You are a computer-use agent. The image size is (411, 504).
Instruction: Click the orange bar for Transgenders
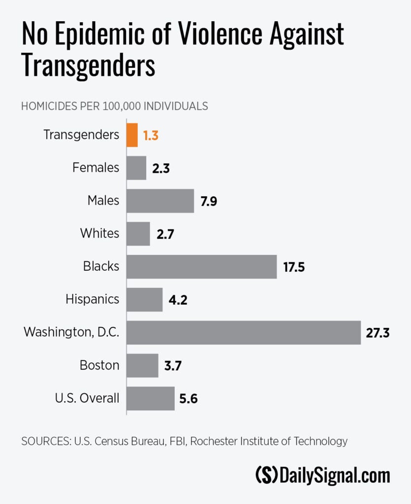(132, 135)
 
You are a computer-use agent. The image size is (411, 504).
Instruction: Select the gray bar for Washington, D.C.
(244, 333)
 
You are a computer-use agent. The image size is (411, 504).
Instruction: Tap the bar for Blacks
(202, 267)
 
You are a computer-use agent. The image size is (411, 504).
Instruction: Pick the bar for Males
(160, 201)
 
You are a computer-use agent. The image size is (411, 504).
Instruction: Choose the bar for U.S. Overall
(151, 398)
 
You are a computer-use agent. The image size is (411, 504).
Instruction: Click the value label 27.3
(378, 333)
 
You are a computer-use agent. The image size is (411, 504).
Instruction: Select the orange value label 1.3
(151, 135)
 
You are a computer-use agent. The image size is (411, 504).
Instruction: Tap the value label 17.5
(294, 267)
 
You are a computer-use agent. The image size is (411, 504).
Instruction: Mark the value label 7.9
(209, 201)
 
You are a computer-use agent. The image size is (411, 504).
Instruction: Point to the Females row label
(96, 168)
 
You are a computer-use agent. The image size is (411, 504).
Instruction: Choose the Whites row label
(100, 233)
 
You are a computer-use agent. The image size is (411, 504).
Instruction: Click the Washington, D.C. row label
(72, 333)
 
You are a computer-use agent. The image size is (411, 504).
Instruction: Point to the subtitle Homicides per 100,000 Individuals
(114, 106)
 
